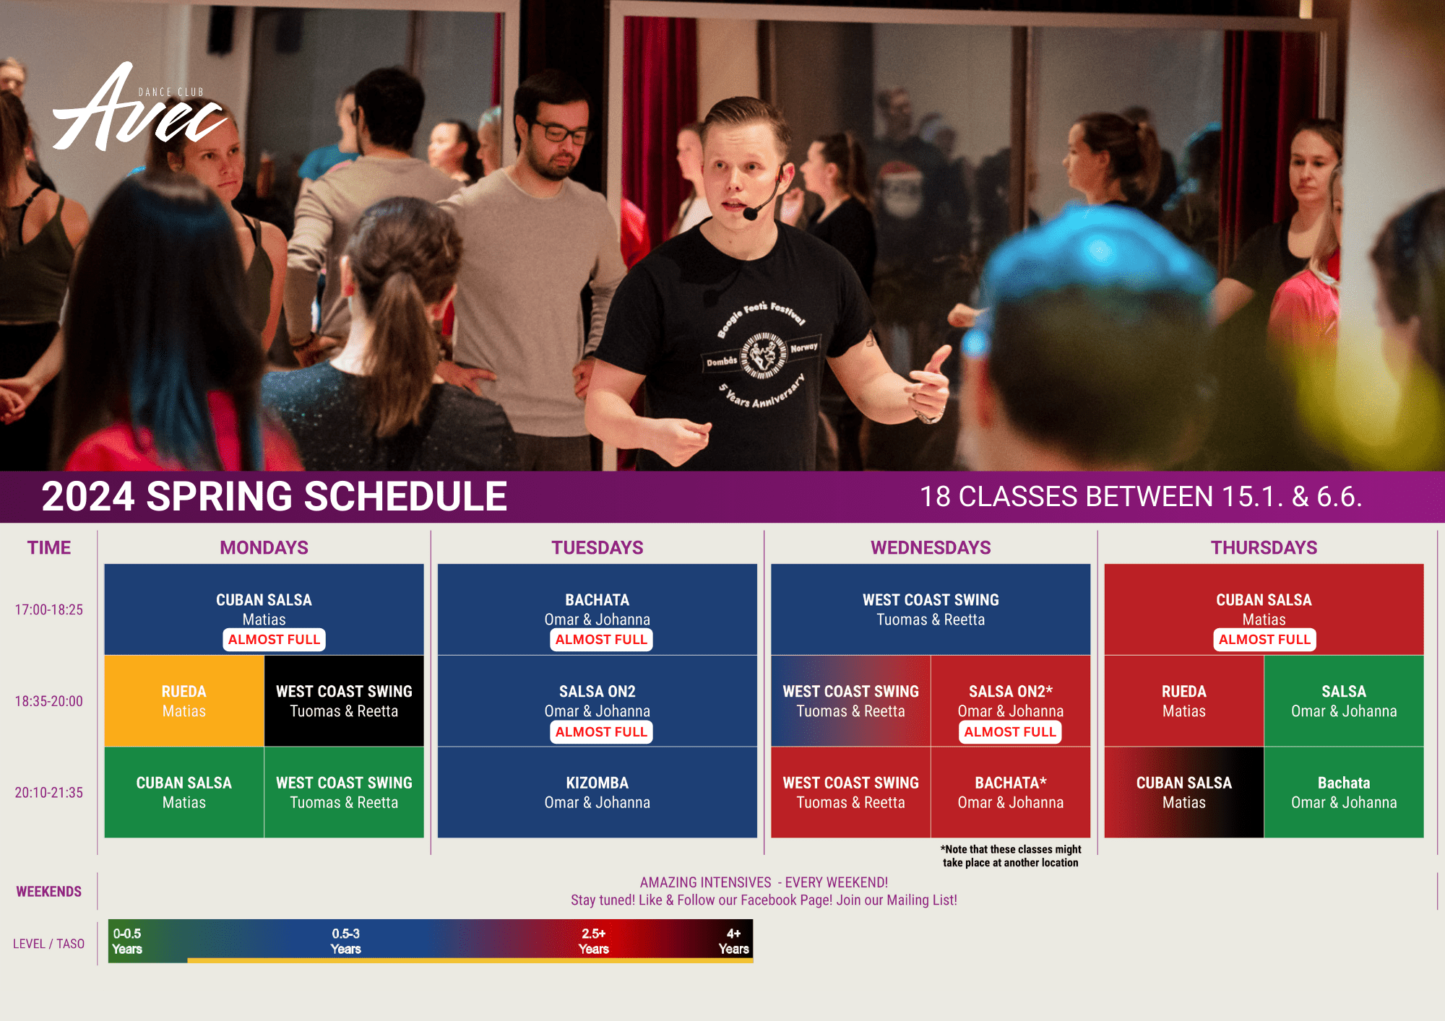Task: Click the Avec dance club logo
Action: [x=140, y=107]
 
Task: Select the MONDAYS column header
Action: [x=264, y=547]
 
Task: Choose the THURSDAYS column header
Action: [x=1264, y=547]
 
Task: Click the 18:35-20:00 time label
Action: [x=49, y=701]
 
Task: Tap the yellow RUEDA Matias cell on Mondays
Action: [x=184, y=701]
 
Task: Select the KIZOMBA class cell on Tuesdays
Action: [x=598, y=792]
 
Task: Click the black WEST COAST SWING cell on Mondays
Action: [x=344, y=701]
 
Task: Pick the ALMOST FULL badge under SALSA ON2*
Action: [x=1010, y=732]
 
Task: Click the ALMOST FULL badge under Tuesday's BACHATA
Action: [x=601, y=640]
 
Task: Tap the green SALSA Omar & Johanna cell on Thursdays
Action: [x=1344, y=701]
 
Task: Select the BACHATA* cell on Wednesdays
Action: [x=1011, y=792]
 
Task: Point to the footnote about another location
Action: [x=1011, y=856]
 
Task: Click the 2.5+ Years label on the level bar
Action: [x=594, y=941]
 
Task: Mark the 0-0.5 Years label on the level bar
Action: [x=127, y=941]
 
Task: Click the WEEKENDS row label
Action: [x=49, y=892]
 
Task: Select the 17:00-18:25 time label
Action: [x=49, y=609]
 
